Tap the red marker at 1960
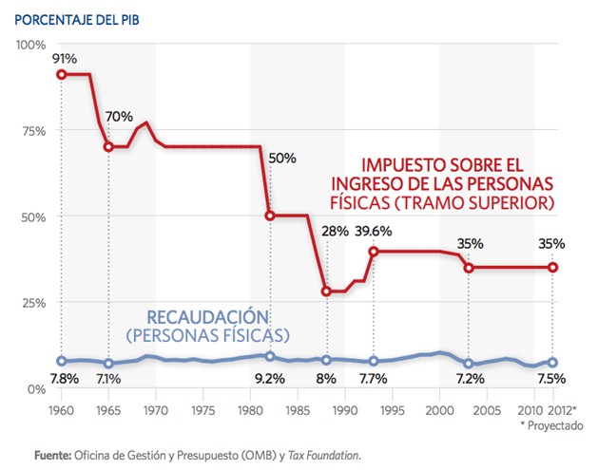(x=61, y=74)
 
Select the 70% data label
(x=119, y=117)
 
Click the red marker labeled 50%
(x=270, y=216)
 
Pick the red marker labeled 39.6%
(x=374, y=251)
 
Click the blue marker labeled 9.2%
(x=270, y=356)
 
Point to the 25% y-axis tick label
(x=33, y=303)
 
